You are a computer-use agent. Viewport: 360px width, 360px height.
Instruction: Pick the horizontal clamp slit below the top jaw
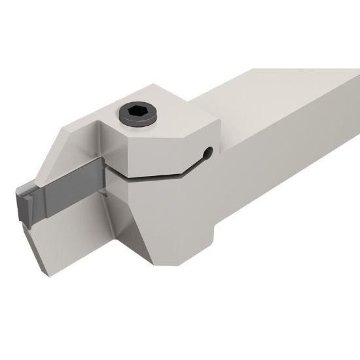pos(151,175)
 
